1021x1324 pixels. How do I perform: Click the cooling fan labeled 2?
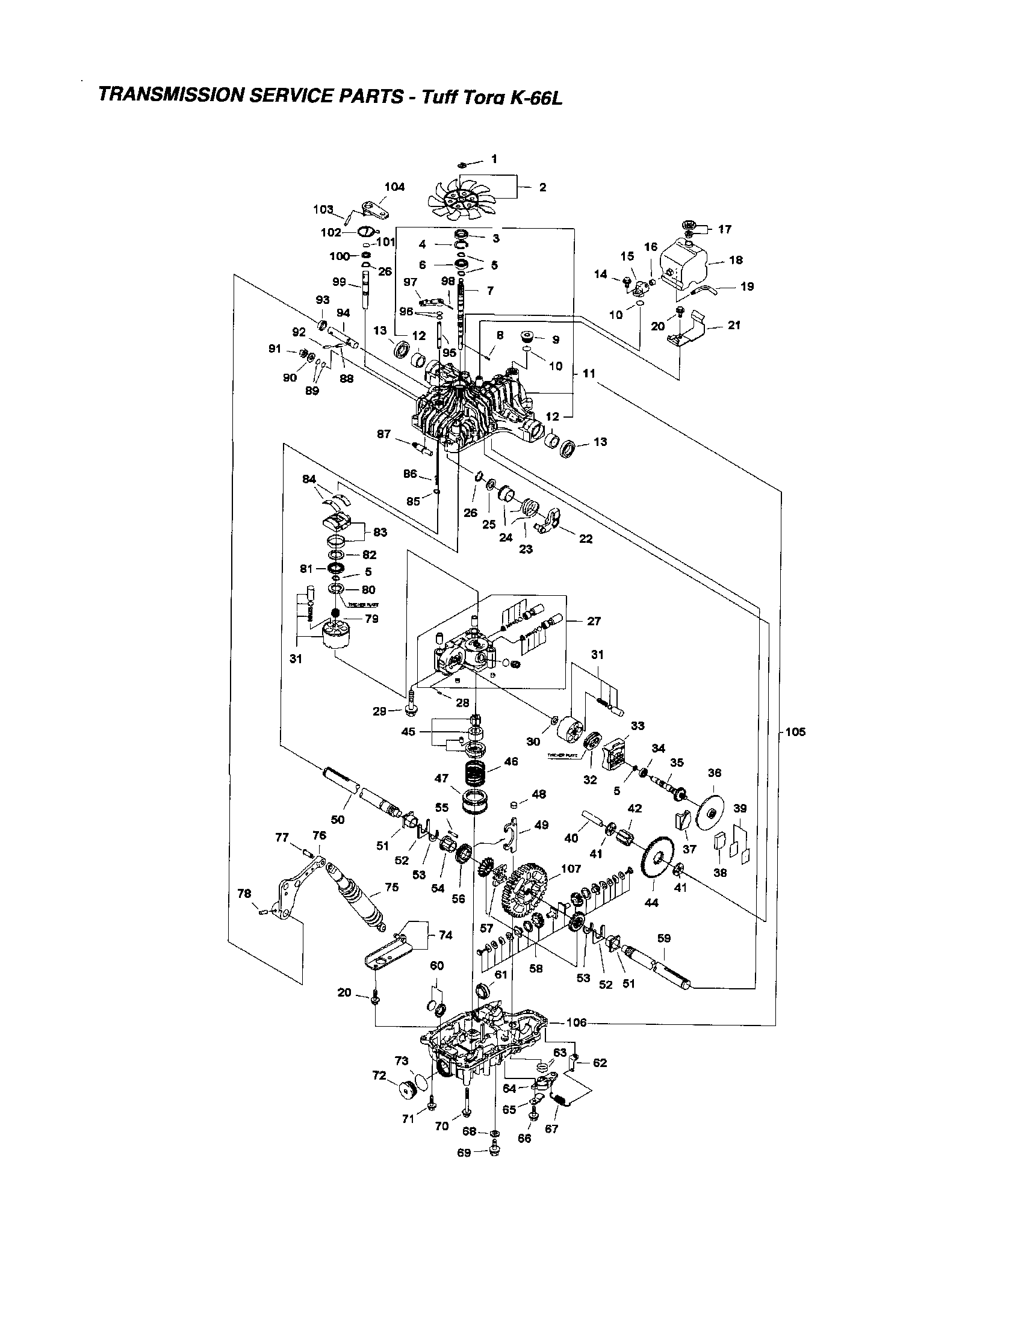pyautogui.click(x=459, y=197)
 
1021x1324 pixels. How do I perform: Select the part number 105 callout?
pyautogui.click(x=795, y=732)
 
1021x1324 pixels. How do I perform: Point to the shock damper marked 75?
pyautogui.click(x=358, y=897)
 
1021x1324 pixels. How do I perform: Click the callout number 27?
pyautogui.click(x=594, y=621)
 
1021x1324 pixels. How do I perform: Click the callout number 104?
pyautogui.click(x=394, y=187)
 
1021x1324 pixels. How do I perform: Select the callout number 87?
pyautogui.click(x=383, y=434)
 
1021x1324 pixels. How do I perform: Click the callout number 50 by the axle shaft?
pyautogui.click(x=338, y=820)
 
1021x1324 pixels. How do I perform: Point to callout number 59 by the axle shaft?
pyautogui.click(x=664, y=938)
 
